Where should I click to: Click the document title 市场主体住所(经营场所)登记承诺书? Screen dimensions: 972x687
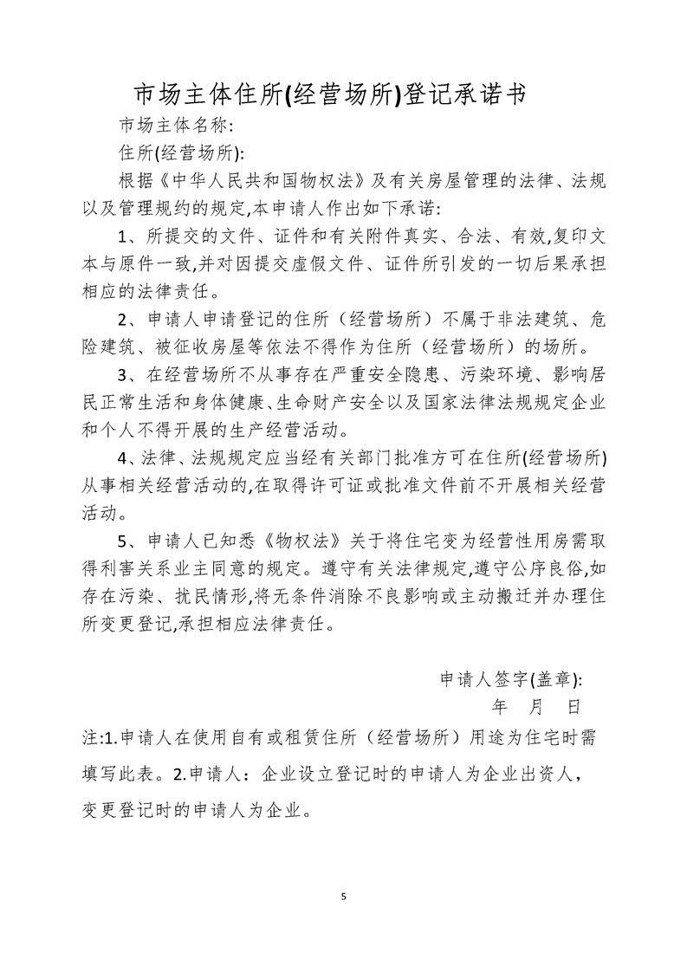(329, 94)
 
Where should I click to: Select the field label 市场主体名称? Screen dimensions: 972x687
(176, 123)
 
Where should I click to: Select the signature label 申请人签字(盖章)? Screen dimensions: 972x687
(511, 679)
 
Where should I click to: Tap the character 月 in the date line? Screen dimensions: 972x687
(536, 707)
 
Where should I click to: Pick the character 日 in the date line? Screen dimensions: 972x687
(574, 707)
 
